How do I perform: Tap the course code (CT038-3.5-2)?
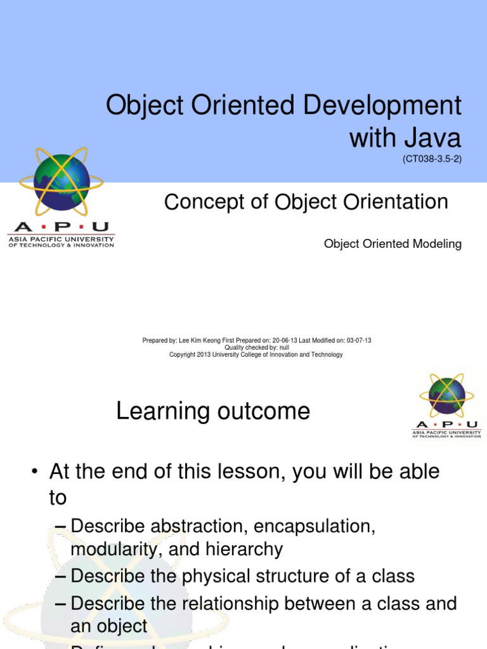click(x=432, y=159)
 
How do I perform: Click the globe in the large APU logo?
click(x=62, y=183)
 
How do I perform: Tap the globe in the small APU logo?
click(x=446, y=395)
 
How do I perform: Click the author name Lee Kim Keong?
click(x=200, y=340)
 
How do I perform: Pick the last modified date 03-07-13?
click(x=359, y=340)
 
